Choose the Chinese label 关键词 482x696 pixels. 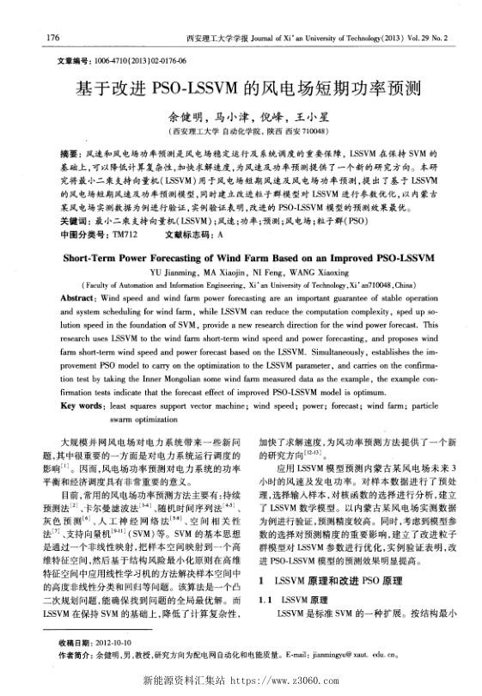[x=71, y=221]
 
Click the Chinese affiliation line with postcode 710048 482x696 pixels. [x=241, y=133]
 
